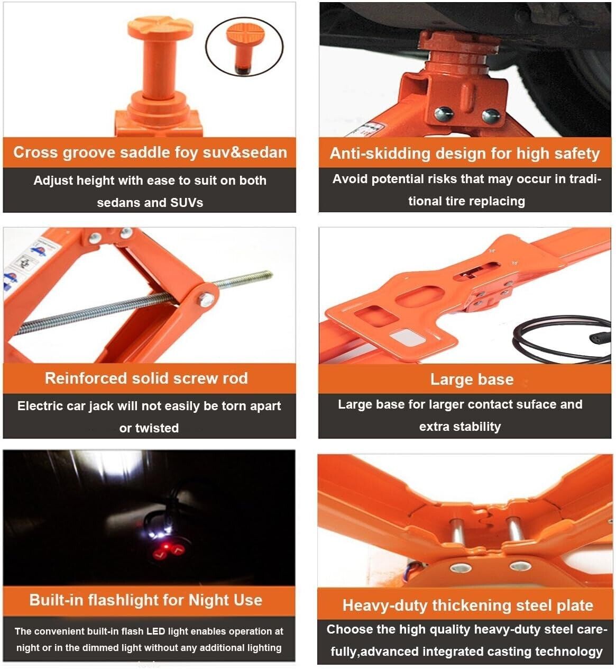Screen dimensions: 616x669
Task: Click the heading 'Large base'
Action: [472, 379]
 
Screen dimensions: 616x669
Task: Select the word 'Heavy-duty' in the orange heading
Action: [384, 605]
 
